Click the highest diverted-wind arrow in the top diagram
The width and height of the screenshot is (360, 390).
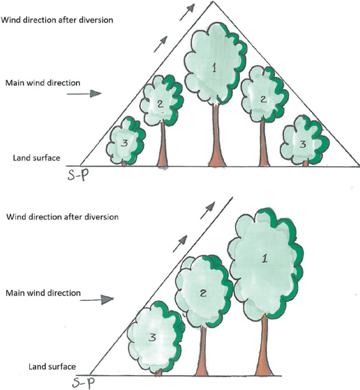click(187, 12)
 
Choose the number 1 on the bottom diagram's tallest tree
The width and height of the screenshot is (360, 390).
click(264, 258)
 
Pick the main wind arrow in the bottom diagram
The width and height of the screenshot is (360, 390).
click(104, 299)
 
